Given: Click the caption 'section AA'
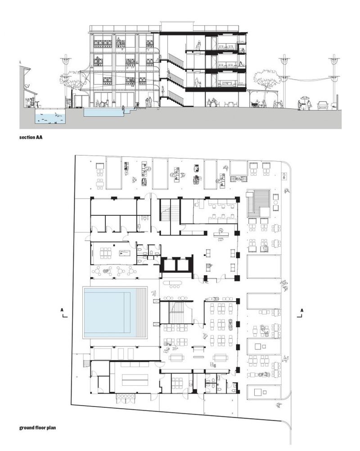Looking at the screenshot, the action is (31, 137).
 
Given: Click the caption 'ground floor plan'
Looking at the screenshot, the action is (37, 428).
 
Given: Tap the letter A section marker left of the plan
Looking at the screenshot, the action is (62, 310).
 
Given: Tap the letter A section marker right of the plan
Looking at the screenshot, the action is (301, 310).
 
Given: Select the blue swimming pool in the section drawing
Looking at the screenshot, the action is (103, 112).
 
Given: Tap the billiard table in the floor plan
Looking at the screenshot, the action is (125, 254).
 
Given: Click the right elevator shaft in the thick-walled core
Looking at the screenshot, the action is (183, 265).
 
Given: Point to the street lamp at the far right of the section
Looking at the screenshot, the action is (334, 80).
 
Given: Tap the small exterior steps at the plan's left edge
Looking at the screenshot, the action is (86, 364).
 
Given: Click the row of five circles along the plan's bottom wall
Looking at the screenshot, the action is (125, 396).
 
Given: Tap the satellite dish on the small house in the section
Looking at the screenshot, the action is (27, 85).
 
